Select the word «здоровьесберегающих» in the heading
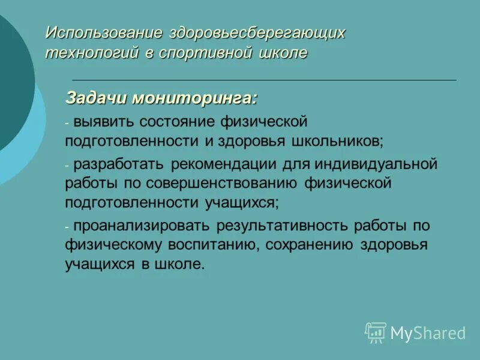coord(257,32)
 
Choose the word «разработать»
coord(119,164)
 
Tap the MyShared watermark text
coord(428,333)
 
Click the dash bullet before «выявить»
coord(68,123)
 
